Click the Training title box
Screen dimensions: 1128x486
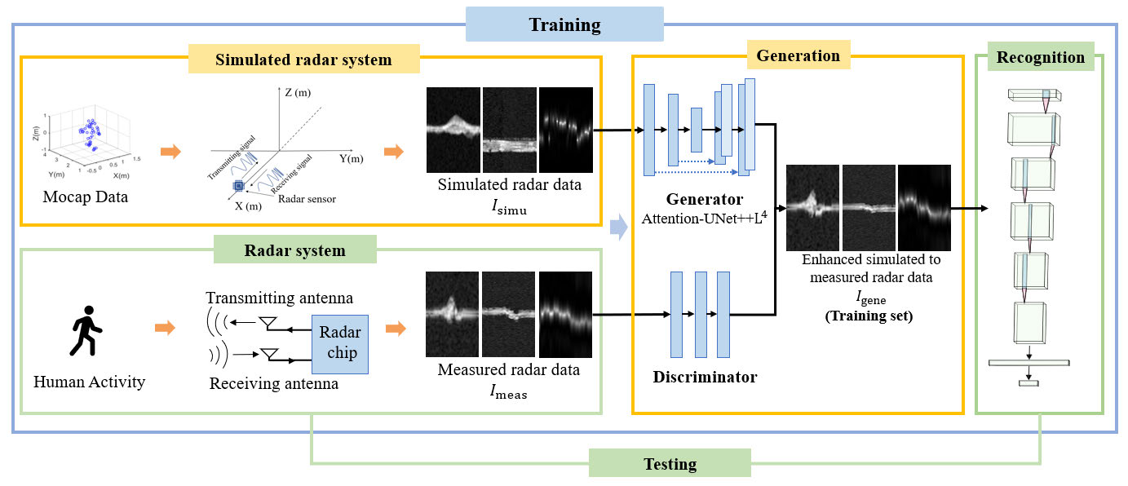(x=564, y=24)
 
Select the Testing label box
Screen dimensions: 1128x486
(x=670, y=463)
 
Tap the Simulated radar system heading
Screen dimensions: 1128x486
(x=303, y=59)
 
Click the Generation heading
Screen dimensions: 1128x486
(x=798, y=55)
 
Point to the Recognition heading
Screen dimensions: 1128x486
(x=1041, y=56)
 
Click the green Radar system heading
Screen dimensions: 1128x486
(x=294, y=250)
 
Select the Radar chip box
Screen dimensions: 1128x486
(x=340, y=344)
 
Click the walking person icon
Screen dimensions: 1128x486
(x=86, y=331)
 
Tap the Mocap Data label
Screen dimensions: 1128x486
(x=85, y=197)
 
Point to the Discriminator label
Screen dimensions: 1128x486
(x=705, y=377)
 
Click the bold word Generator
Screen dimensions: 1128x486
(x=705, y=199)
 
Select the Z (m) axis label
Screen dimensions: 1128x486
(x=298, y=92)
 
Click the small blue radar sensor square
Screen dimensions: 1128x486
(x=239, y=185)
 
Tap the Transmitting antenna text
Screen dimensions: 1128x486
(x=279, y=298)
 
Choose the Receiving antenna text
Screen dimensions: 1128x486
(x=274, y=383)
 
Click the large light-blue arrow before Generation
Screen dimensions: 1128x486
(x=619, y=228)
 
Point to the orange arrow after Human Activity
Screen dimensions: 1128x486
(x=165, y=328)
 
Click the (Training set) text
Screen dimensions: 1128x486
(x=869, y=316)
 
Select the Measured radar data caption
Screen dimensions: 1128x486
(x=509, y=369)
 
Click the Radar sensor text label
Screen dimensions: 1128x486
(x=307, y=199)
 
